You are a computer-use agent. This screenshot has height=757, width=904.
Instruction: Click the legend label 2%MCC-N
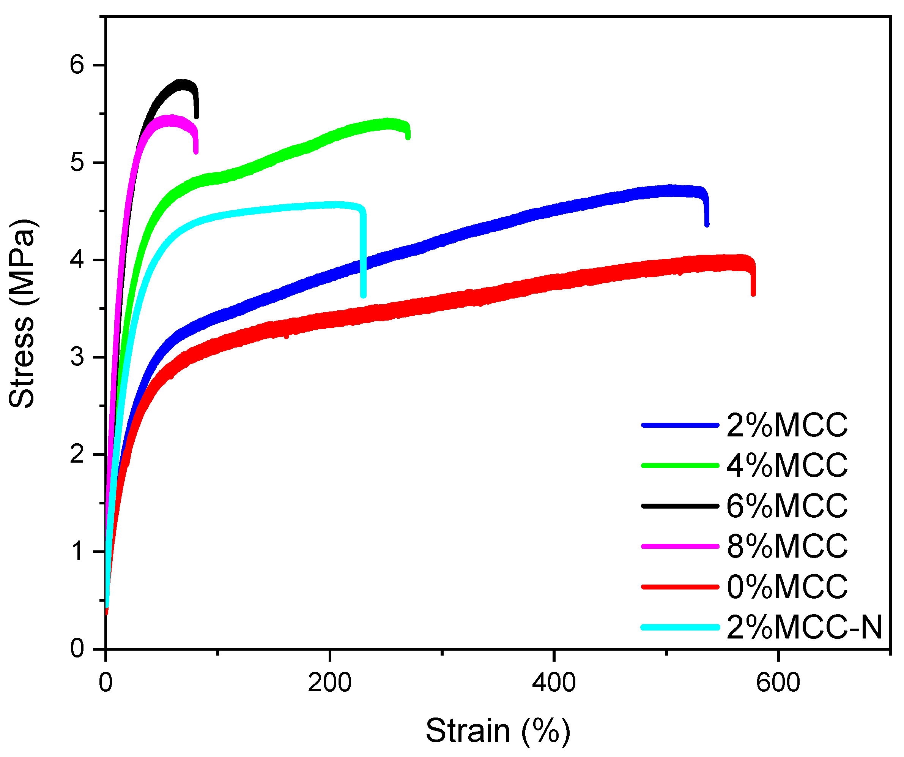point(804,627)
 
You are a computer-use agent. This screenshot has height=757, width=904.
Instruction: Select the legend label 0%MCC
point(787,587)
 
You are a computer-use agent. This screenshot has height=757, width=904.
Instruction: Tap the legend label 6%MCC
point(787,506)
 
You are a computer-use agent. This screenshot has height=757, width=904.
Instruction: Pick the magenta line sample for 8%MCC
point(680,546)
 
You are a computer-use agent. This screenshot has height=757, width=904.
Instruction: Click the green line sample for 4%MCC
point(680,466)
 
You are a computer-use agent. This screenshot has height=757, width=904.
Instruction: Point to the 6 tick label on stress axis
point(77,65)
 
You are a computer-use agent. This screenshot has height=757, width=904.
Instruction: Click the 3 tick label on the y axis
point(77,357)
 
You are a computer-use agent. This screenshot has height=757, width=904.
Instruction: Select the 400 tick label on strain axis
point(554,683)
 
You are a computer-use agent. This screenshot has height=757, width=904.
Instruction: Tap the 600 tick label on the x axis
point(778,683)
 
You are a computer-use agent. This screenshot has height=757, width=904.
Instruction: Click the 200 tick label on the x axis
point(329,683)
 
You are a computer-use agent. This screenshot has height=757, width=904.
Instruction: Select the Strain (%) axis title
point(498,731)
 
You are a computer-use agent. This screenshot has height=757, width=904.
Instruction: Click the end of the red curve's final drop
point(753,294)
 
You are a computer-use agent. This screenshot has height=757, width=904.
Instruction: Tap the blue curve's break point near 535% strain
point(706,224)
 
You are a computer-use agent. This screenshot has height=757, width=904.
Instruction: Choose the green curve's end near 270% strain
point(408,137)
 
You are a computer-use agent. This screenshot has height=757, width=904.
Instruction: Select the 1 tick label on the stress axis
point(78,552)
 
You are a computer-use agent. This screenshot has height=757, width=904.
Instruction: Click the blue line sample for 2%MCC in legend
point(680,425)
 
